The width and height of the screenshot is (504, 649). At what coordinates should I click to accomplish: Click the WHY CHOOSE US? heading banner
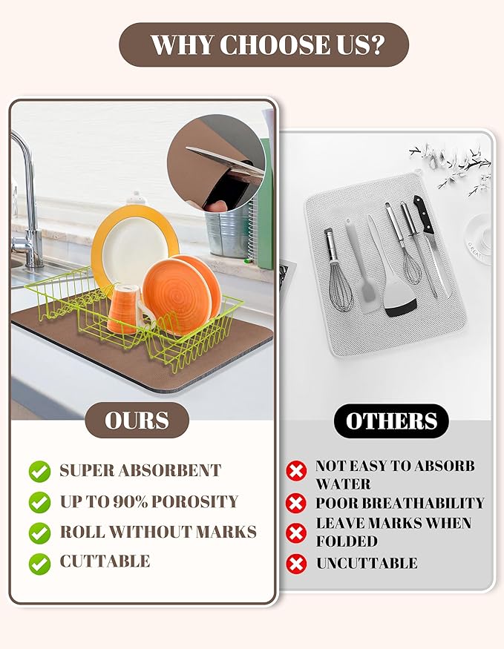(x=264, y=45)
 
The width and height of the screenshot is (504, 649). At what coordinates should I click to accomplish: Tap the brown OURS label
(x=137, y=420)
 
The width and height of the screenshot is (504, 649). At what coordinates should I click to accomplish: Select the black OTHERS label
(x=391, y=421)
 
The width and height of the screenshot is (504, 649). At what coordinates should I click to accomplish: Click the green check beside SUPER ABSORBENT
(x=40, y=471)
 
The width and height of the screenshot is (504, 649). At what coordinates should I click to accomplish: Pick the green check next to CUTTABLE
(x=40, y=564)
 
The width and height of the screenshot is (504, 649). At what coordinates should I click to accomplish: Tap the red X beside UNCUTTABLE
(x=296, y=564)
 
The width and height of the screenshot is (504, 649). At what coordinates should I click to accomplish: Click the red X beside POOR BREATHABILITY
(x=296, y=503)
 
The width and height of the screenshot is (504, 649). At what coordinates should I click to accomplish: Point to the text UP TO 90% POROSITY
(x=149, y=501)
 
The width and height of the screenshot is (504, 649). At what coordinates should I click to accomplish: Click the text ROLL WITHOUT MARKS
(x=158, y=532)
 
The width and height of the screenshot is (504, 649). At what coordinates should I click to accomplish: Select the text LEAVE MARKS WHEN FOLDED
(x=393, y=532)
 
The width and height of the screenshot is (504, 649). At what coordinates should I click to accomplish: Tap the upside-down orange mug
(x=124, y=309)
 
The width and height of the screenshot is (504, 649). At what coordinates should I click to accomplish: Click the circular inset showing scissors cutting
(x=216, y=163)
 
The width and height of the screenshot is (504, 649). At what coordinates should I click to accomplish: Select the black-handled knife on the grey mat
(x=431, y=244)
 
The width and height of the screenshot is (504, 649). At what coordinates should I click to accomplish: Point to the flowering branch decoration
(x=451, y=165)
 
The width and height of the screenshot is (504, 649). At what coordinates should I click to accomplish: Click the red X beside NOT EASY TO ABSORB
(x=296, y=471)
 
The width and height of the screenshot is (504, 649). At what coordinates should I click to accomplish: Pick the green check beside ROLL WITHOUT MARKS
(x=40, y=533)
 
